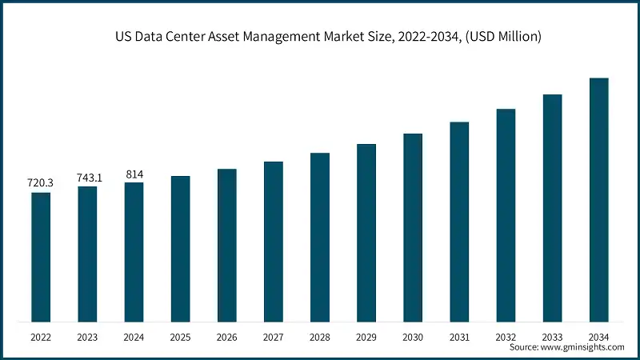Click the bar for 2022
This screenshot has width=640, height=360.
tap(41, 257)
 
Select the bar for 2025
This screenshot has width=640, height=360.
tap(181, 249)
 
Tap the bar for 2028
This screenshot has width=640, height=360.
tap(320, 237)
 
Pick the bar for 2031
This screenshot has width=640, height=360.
tap(459, 222)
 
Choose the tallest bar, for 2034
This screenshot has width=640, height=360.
tap(598, 200)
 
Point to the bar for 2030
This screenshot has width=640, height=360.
tap(413, 227)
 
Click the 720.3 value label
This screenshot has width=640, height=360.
tap(41, 184)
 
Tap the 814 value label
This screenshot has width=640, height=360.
tap(134, 174)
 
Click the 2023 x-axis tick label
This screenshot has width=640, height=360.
tap(87, 338)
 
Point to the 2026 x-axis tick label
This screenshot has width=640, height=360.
tap(227, 338)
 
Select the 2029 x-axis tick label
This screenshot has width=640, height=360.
tap(366, 338)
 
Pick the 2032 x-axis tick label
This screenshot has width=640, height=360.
tap(506, 338)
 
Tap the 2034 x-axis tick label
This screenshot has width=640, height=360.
tap(598, 338)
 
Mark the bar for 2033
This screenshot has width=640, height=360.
tap(552, 208)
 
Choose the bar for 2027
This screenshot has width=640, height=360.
tap(274, 242)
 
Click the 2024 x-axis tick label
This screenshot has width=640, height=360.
tap(134, 338)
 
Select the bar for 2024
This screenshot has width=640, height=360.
tap(134, 252)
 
